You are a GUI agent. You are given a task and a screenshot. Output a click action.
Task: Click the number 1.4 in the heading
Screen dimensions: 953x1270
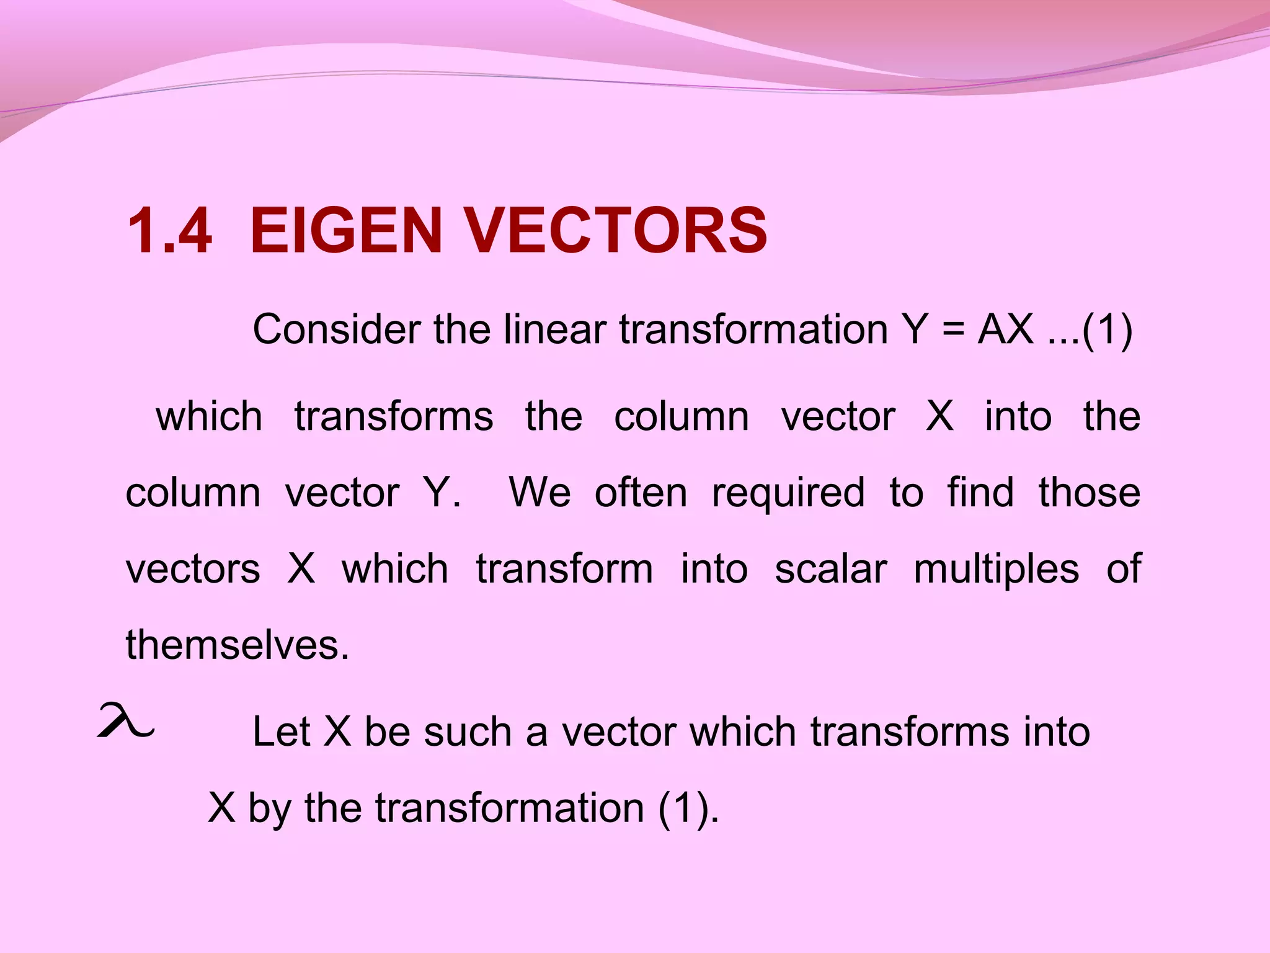(x=169, y=231)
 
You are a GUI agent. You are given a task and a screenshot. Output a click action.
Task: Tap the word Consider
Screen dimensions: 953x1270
(x=337, y=329)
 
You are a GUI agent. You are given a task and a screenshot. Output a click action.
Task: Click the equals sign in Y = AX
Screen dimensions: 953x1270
(x=952, y=330)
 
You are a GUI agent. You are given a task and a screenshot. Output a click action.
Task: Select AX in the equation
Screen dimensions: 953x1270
(x=1005, y=329)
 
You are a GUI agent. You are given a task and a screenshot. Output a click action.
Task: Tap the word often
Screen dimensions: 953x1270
(x=641, y=493)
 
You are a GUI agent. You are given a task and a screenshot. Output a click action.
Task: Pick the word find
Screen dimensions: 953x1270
(x=980, y=493)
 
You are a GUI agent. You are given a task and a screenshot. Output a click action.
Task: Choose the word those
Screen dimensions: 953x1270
(x=1090, y=493)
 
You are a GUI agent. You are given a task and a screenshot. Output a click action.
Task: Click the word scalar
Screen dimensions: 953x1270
(x=831, y=569)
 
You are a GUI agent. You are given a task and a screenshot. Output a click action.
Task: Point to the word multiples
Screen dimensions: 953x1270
(x=996, y=570)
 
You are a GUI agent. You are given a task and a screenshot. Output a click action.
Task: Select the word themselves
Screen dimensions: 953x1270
(x=238, y=645)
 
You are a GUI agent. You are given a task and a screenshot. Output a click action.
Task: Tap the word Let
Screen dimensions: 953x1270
(x=281, y=732)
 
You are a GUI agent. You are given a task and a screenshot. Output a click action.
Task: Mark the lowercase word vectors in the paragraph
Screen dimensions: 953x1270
(x=193, y=570)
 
